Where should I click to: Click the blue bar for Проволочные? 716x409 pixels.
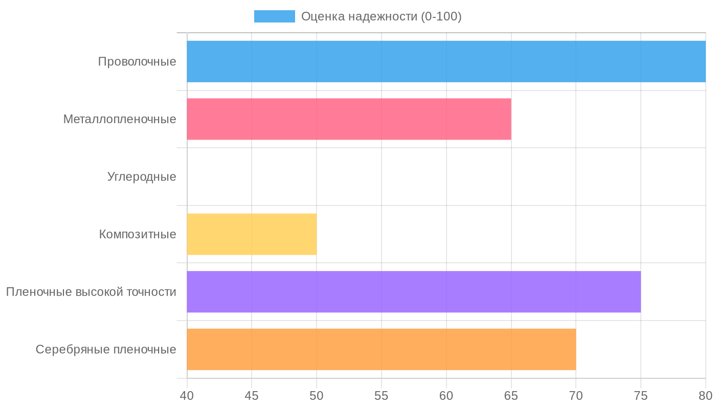[446, 61]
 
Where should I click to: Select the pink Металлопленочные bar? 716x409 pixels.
[349, 119]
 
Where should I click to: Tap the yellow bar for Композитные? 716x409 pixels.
[252, 234]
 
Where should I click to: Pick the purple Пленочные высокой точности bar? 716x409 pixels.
[414, 291]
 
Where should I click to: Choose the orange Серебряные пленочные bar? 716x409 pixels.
[381, 349]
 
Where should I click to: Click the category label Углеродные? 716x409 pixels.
[142, 177]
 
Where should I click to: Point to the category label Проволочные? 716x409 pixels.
[137, 62]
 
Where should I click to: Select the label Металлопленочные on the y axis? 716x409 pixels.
[120, 119]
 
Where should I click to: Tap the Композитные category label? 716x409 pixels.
[138, 234]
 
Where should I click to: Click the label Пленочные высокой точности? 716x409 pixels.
[91, 292]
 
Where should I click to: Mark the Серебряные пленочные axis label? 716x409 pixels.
[106, 350]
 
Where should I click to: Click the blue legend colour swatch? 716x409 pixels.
[275, 16]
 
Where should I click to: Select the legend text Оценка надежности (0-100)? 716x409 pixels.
[381, 16]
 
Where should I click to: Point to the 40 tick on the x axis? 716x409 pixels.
[187, 395]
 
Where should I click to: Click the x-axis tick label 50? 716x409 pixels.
[317, 395]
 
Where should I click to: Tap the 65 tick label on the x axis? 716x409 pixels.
[511, 395]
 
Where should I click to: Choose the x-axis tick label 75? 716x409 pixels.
[641, 395]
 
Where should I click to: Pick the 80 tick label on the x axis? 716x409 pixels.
[705, 395]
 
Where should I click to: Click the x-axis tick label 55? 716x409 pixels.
[382, 395]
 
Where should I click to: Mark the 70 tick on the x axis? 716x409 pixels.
[576, 395]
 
